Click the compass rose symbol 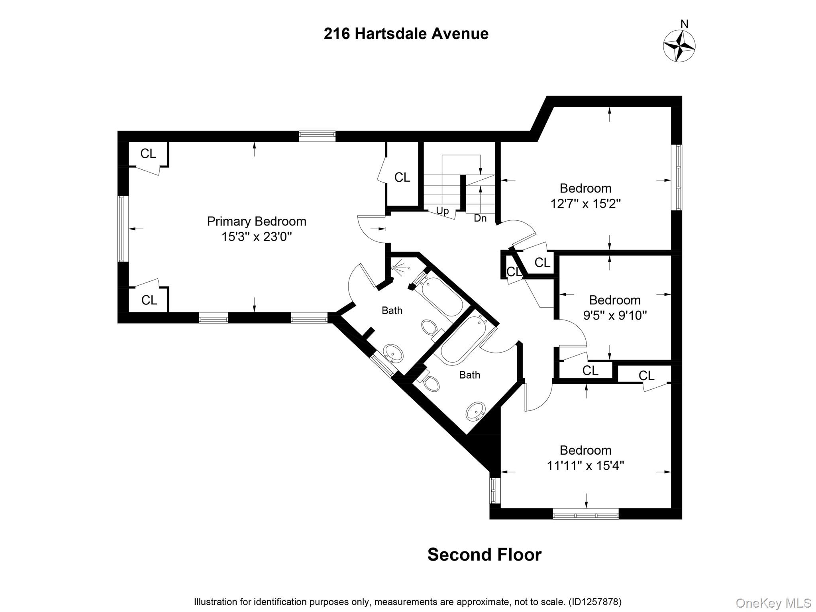pos(679,46)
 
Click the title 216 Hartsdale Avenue pos(406,34)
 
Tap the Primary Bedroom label pos(256,221)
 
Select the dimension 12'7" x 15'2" pos(585,204)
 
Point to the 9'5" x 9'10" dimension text pos(615,316)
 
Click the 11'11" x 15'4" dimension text pos(585,465)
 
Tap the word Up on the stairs pos(442,210)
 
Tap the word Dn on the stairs pos(480,218)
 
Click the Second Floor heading pos(484,555)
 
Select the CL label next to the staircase pos(402,177)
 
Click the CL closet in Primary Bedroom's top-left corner pos(148,153)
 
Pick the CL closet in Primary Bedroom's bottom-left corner pos(149,300)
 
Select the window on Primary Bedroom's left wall pos(122,229)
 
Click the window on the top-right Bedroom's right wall pos(677,177)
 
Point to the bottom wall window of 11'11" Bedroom pos(586,515)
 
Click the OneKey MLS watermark pos(773,603)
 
